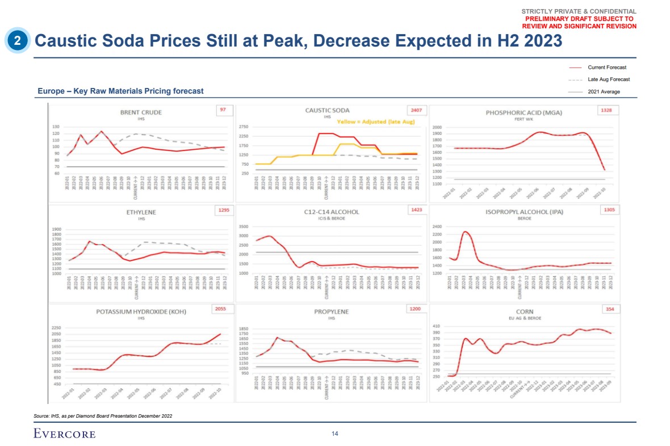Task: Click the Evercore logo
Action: point(64,434)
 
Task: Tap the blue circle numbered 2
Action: point(18,40)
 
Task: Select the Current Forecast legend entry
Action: point(607,68)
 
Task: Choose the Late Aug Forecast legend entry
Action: point(609,79)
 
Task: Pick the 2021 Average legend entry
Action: point(604,91)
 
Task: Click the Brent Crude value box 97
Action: point(223,110)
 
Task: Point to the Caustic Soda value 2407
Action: point(416,110)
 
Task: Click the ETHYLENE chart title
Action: point(141,212)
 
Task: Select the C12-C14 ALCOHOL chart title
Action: point(332,212)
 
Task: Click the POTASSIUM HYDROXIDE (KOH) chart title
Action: point(141,312)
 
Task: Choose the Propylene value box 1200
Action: point(416,309)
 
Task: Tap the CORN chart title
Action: point(524,312)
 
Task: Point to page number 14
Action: point(335,434)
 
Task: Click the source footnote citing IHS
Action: point(103,416)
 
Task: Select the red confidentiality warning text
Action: point(579,23)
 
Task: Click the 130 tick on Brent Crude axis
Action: point(56,127)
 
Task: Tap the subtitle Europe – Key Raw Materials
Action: point(120,91)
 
